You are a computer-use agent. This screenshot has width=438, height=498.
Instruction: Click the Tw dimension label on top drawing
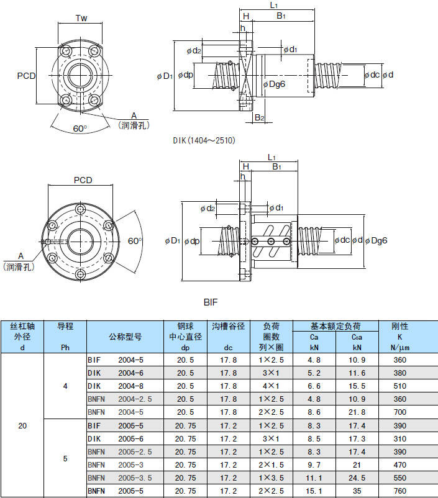click(81, 18)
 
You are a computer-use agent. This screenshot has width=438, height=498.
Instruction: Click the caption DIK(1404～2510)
click(204, 141)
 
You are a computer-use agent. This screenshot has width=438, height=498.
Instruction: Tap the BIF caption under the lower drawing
click(212, 302)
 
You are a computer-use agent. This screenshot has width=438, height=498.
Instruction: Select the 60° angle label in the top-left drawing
click(80, 128)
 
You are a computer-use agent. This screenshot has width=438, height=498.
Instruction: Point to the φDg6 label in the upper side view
click(273, 84)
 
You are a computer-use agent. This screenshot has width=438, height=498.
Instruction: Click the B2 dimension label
click(260, 117)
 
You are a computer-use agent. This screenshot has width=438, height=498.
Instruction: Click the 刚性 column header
click(399, 325)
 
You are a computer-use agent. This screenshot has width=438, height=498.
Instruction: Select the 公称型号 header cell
click(125, 337)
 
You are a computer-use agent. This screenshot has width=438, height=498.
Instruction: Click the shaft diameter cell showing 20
click(22, 426)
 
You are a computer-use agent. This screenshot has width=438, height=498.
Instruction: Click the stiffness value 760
click(399, 491)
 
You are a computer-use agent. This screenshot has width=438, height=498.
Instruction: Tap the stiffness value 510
click(399, 386)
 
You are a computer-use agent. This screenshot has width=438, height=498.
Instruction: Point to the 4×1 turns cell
click(271, 386)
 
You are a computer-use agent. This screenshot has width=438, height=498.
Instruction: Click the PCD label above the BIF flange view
click(83, 180)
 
